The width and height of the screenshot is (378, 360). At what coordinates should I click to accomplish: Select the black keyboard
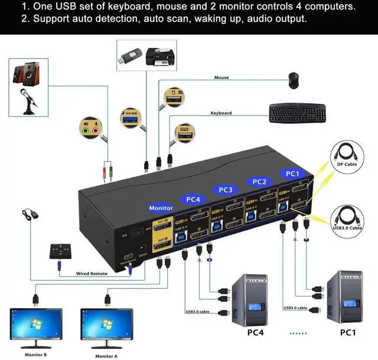click(297, 113)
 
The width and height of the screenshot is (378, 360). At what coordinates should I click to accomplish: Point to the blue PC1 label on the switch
click(292, 174)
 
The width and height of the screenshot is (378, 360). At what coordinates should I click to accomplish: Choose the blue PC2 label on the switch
click(259, 182)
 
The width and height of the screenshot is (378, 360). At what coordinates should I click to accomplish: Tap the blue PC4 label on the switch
click(193, 199)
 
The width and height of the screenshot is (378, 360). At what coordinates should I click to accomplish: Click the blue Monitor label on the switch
click(161, 208)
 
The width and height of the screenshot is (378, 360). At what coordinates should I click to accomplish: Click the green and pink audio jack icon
click(90, 127)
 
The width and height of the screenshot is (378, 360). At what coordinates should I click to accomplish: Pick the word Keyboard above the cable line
click(221, 113)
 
